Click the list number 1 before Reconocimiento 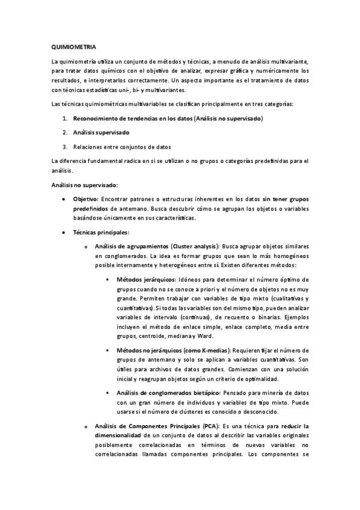coord(64,118)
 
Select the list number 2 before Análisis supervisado coord(64,132)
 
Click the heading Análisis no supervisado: coord(84,185)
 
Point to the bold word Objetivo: coord(86,198)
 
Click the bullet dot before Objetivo coord(64,198)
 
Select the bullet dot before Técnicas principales coord(64,232)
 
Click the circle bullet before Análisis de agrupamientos coord(86,247)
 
